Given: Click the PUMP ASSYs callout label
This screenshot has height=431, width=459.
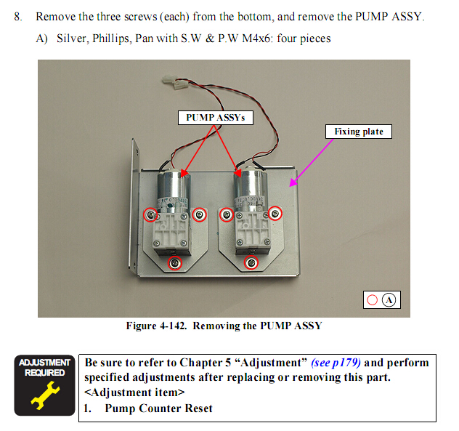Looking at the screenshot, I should coord(216,117).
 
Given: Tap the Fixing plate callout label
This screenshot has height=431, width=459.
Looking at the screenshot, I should coord(358,132).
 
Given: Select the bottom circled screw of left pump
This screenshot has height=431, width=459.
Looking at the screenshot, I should coord(174,263).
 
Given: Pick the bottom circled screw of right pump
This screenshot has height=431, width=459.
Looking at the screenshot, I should coord(251,262).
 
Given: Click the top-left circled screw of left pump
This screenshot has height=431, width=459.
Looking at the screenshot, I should coord(150,214).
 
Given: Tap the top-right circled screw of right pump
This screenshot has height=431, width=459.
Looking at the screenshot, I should coord(275,213).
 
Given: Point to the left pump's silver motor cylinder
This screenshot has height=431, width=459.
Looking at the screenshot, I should coord(173,185).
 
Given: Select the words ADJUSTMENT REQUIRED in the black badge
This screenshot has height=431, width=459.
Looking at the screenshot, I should coord(44,367).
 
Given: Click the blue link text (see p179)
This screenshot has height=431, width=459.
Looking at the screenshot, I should coord(336,362).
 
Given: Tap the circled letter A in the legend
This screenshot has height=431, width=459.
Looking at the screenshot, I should coord(389,299).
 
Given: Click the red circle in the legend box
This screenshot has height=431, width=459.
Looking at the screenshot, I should coord(372,299).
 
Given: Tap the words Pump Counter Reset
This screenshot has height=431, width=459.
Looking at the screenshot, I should coord(158,408).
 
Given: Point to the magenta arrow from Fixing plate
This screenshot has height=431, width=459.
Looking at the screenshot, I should coord(320,159).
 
